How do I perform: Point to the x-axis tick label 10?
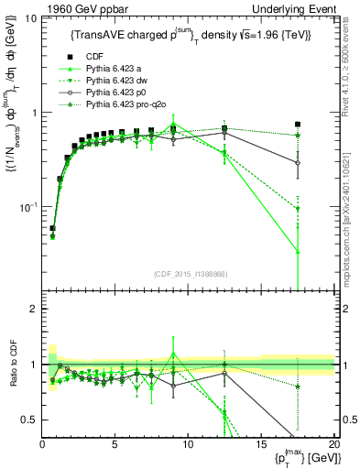pyautogui.click(x=188, y=444)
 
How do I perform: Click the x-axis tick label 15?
pyautogui.click(x=261, y=444)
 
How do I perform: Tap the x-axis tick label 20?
pyautogui.click(x=333, y=444)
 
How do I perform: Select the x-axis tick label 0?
pyautogui.click(x=42, y=444)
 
